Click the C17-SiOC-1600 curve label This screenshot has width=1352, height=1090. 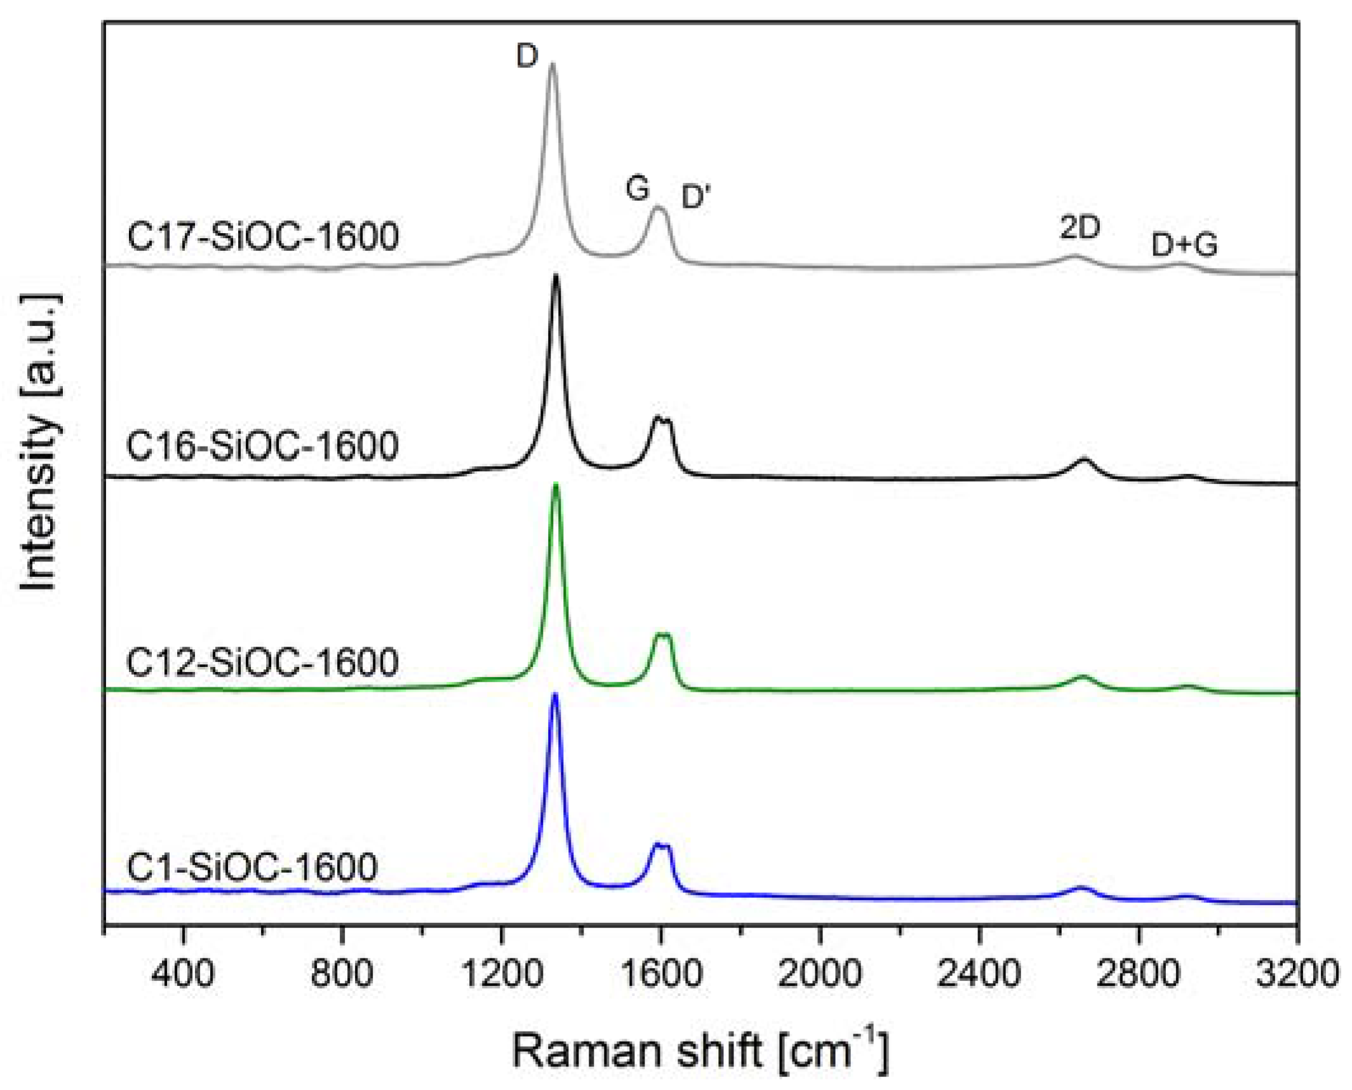pos(263,236)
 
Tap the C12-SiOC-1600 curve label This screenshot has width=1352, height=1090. pos(262,662)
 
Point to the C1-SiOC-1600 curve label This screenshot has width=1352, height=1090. pos(252,867)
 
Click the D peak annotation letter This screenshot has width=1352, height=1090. pos(526,57)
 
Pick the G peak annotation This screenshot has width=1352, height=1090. pos(637,188)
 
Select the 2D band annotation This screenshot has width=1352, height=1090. pos(1080,227)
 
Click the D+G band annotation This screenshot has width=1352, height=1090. pos(1184,245)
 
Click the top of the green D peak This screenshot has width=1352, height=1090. pos(556,485)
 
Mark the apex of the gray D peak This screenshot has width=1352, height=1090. pos(552,64)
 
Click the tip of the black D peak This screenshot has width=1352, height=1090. pos(556,275)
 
